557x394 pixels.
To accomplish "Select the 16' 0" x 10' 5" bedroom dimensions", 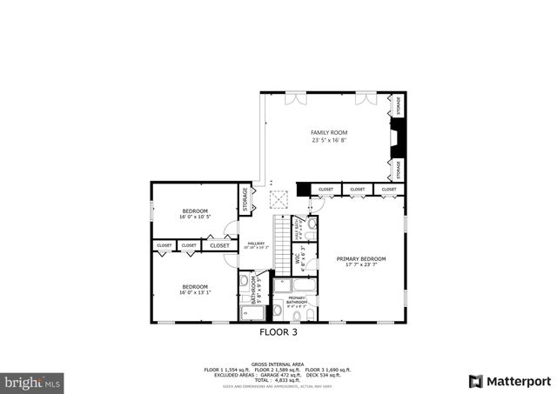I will tap(195, 217).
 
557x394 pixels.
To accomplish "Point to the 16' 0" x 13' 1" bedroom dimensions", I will tap(195, 292).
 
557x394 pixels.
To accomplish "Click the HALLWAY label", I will tap(256, 244).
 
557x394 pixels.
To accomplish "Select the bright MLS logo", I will tap(32, 382).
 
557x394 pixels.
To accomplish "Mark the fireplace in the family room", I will tap(396, 137).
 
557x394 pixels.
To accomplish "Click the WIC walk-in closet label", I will tap(298, 258).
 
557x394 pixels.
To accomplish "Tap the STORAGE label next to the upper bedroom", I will tap(245, 201).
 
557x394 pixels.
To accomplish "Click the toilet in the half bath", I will tap(312, 224).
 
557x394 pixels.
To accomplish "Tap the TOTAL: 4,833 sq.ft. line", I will tap(278, 379).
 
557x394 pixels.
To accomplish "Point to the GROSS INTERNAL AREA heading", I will tap(278, 364).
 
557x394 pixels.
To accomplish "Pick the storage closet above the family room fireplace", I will tap(399, 105).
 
